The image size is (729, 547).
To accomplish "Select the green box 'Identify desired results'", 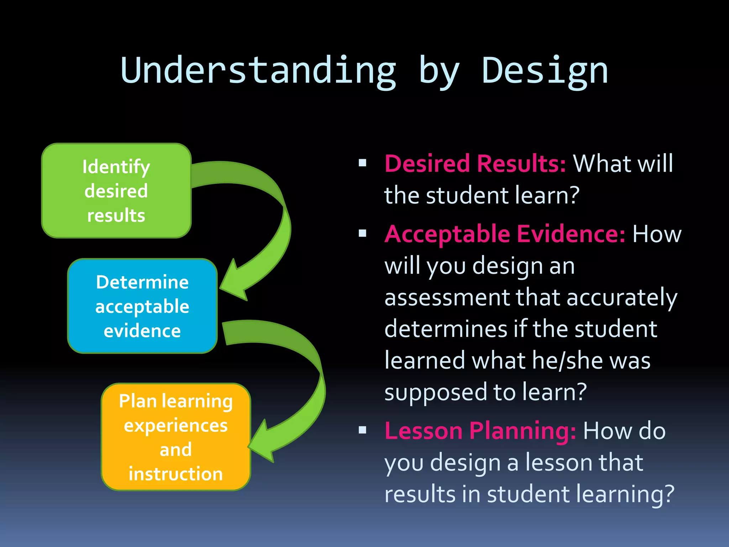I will [116, 191].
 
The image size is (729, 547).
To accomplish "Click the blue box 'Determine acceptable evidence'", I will [142, 306].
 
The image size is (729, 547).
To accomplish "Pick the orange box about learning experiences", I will [175, 437].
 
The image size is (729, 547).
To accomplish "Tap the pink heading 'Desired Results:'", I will [475, 164].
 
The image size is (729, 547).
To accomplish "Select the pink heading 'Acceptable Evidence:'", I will [504, 234].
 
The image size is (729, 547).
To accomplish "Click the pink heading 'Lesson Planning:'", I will [480, 431].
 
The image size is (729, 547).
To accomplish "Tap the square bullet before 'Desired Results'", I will [362, 163].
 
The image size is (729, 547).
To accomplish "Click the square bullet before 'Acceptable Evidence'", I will [362, 234].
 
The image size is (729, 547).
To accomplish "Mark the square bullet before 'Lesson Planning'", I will [362, 430].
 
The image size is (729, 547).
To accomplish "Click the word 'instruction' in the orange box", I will [175, 474].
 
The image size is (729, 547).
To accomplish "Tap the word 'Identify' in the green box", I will [116, 167].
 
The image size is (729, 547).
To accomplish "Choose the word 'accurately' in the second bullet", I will [621, 298].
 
